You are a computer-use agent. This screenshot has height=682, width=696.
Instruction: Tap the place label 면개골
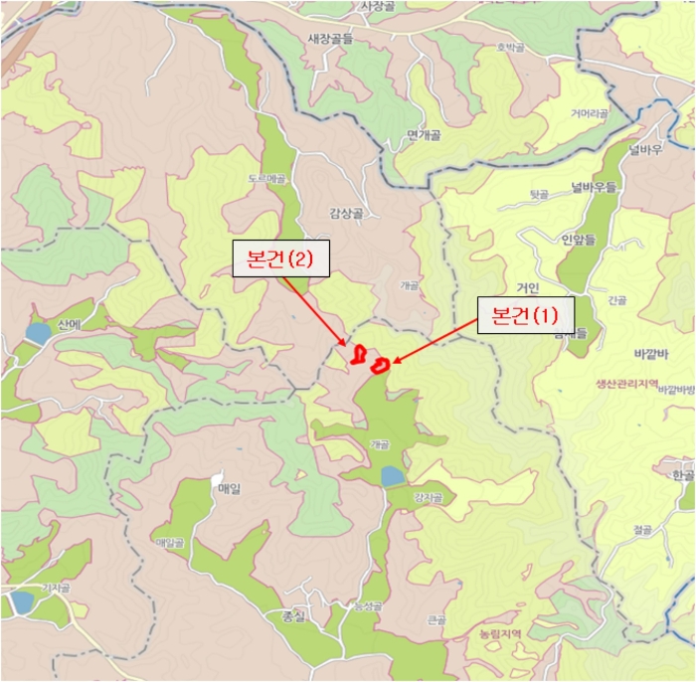point(424,135)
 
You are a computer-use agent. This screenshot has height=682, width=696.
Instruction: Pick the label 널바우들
point(594,186)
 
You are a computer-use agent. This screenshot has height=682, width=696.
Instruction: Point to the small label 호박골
point(509,46)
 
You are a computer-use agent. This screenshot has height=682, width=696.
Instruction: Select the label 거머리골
point(589,114)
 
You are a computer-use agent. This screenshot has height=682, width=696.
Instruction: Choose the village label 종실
point(293,616)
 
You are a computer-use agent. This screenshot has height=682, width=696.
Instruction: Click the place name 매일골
point(170,543)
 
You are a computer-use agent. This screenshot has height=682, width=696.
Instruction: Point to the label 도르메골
point(266,179)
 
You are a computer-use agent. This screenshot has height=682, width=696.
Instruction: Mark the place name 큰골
point(436,619)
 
